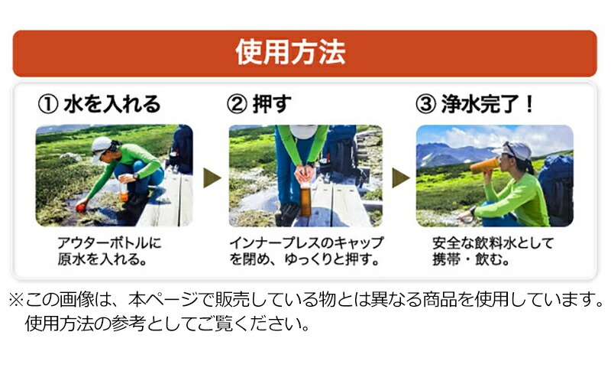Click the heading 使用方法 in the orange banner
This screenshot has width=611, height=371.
point(290,52)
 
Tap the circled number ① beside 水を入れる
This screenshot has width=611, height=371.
point(48,104)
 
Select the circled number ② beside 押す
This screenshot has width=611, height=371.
point(237,104)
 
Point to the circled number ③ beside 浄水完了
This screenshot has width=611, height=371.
point(425,104)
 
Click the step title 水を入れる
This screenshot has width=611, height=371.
point(112,104)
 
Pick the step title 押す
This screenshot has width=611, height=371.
point(272,104)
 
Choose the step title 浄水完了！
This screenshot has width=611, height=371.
point(487,104)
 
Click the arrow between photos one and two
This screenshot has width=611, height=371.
point(212,177)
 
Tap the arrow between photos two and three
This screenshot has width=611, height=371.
point(401,177)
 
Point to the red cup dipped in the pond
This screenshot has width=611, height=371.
point(81,207)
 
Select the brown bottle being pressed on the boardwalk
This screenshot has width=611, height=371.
point(305,200)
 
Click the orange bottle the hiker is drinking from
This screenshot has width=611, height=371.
point(484,166)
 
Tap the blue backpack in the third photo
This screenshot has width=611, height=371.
point(557,189)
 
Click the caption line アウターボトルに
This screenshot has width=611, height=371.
point(109,243)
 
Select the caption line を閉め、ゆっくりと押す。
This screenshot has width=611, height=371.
point(304,259)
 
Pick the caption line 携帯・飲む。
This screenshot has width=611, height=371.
point(470,259)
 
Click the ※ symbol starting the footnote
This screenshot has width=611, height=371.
point(16,300)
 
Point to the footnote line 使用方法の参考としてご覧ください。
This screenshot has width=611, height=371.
point(167,324)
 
